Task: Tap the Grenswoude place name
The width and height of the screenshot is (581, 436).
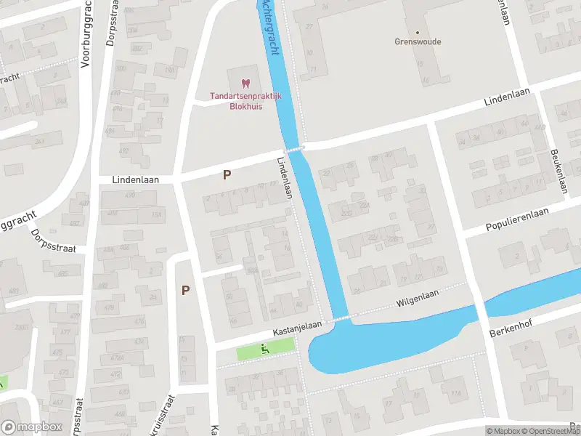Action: [x=418, y=42]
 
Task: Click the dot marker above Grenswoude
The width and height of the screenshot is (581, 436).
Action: [x=418, y=32]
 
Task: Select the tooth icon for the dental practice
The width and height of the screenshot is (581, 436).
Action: [x=245, y=84]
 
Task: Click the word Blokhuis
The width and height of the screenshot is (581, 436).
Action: [x=245, y=106]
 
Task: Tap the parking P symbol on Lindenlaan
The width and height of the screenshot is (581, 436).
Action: [x=227, y=174]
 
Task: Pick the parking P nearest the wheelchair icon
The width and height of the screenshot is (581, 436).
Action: [x=186, y=290]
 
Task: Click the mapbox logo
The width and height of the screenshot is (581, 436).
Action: [x=31, y=427]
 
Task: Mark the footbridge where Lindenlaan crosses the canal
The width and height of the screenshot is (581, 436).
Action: [x=294, y=148]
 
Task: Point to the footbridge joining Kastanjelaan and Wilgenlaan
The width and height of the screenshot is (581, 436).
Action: [x=342, y=318]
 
